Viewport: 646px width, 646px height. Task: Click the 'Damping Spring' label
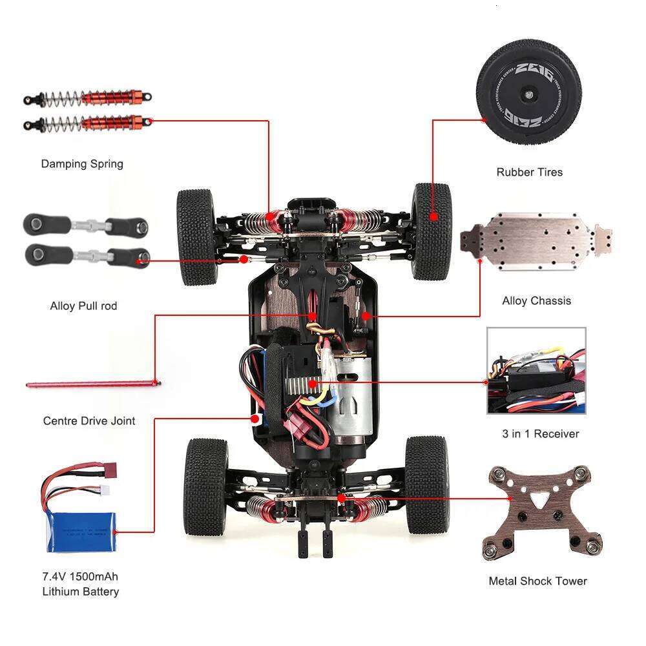(82, 163)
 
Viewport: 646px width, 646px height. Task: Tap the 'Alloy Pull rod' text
(83, 306)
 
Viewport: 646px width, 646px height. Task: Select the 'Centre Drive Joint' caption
(89, 421)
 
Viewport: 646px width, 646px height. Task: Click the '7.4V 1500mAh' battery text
(81, 576)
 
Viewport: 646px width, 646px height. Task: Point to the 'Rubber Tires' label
(529, 172)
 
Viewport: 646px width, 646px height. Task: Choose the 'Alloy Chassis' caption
(536, 300)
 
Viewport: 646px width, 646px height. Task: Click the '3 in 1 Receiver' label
(540, 433)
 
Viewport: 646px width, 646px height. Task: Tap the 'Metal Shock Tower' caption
(537, 581)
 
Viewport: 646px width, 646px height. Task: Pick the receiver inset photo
(536, 370)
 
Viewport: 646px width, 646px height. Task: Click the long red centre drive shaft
(93, 384)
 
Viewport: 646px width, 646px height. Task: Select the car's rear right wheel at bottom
(426, 484)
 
